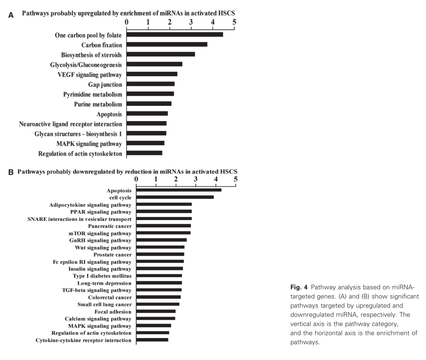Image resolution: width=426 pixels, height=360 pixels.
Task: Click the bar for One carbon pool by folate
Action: click(175, 35)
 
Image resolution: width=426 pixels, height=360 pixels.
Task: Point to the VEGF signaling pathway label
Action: click(90, 74)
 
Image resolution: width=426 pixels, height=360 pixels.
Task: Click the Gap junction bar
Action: click(151, 84)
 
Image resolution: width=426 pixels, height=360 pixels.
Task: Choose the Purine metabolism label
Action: click(98, 104)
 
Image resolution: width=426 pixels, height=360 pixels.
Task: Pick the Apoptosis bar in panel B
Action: click(179, 190)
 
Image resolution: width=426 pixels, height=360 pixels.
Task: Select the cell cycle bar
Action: click(175, 197)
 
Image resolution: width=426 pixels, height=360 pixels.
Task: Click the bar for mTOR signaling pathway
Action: click(164, 233)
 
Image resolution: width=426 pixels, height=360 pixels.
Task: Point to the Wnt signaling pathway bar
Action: click(161, 247)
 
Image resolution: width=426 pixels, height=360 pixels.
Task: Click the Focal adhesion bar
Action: click(156, 311)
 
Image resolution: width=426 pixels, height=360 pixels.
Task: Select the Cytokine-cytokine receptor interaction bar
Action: click(152, 340)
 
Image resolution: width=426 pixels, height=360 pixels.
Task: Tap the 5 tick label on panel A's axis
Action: click(234, 21)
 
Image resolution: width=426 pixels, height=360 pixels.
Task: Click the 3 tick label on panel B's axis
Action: click(196, 179)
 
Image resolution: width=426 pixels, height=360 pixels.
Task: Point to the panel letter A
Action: click(11, 15)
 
